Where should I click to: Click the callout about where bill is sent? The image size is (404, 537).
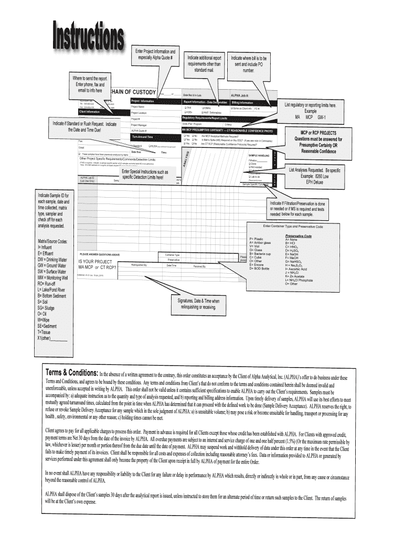tap(249, 64)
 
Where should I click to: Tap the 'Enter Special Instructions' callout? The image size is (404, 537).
tap(145, 175)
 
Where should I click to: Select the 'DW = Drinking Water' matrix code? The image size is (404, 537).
tap(52, 260)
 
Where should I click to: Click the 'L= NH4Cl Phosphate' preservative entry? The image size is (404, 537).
tap(305, 280)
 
